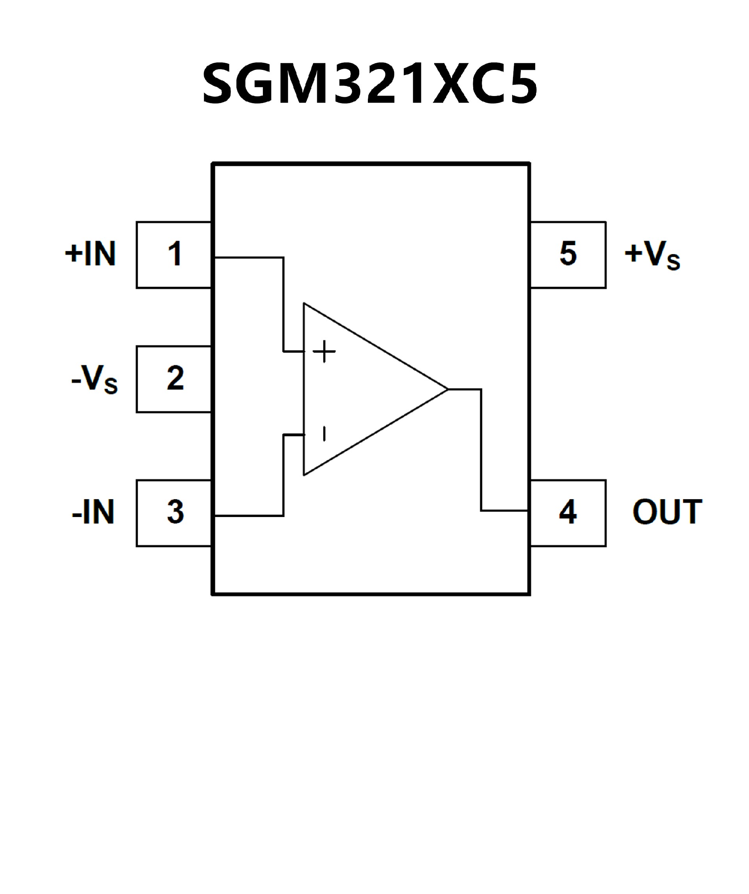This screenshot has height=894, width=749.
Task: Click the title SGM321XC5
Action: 369,84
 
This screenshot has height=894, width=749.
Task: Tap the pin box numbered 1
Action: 174,254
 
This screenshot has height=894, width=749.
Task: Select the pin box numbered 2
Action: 174,379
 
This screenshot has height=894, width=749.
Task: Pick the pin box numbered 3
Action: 174,513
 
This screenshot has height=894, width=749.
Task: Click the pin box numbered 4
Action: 568,513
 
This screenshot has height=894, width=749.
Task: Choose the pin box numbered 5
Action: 568,254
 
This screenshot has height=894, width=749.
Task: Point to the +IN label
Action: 90,254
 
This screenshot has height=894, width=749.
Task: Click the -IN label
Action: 93,512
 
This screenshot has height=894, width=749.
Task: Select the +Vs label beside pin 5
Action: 652,256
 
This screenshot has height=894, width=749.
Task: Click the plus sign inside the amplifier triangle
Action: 324,351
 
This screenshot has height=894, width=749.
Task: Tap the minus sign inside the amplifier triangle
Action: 324,434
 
